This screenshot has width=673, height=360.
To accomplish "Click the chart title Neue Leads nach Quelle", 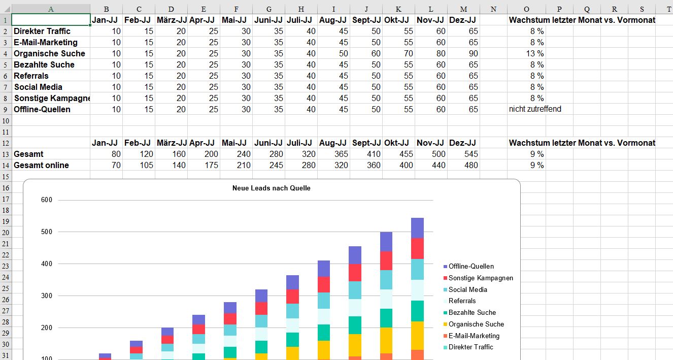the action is [272, 188].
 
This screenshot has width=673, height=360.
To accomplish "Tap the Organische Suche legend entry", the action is [474, 324].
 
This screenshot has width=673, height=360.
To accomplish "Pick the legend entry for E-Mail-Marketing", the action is [472, 336].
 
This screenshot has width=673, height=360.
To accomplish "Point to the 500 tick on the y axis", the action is [47, 232].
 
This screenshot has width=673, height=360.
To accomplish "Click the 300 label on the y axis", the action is [47, 296].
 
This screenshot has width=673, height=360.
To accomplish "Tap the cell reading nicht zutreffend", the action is [535, 109].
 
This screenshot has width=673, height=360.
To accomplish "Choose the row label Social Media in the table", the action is [38, 87].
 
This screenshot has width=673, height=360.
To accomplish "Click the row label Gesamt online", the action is [41, 166].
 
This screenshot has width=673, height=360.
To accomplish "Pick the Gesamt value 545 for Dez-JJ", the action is [463, 154].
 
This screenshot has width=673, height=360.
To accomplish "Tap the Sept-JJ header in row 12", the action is [366, 143].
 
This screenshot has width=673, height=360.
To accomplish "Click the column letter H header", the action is [301, 9].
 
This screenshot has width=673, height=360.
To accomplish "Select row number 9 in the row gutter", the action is [6, 109].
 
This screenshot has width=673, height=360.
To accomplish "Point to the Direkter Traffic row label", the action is [42, 31].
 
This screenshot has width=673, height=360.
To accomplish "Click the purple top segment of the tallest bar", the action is [417, 228].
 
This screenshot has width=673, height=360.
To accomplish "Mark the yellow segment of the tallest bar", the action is [417, 336].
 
